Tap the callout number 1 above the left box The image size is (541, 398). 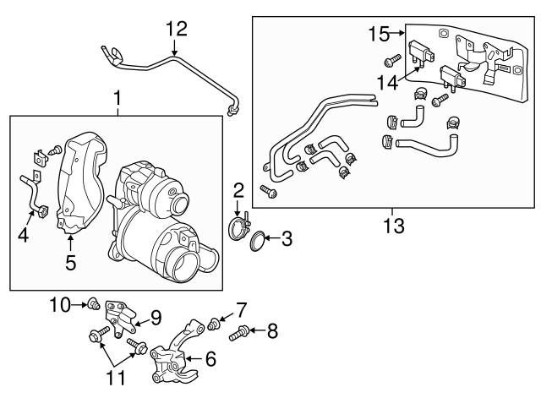point(117,101)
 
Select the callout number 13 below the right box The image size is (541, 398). point(394,226)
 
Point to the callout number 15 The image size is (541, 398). point(380,34)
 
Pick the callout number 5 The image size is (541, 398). point(71,263)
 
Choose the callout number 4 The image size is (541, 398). point(24,237)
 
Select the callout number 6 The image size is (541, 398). point(210,359)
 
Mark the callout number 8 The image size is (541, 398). point(271,331)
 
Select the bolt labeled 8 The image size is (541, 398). point(239,331)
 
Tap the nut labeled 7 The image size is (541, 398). point(214,323)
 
